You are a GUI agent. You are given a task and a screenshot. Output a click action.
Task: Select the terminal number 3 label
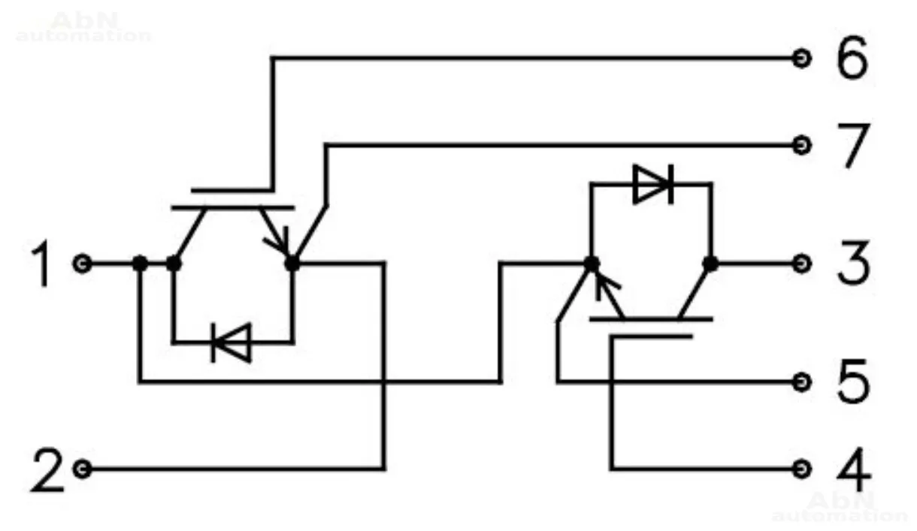tap(852, 264)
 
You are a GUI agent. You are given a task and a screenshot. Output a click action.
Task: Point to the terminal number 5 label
tap(852, 382)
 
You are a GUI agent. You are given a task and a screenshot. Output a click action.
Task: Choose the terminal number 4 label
tap(852, 469)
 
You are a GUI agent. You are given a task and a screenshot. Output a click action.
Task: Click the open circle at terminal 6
tap(802, 58)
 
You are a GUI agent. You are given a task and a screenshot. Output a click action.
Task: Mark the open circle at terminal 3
tap(802, 264)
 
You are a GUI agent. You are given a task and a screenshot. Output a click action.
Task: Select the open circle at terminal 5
tap(802, 382)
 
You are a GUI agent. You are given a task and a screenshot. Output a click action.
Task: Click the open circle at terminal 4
tap(802, 469)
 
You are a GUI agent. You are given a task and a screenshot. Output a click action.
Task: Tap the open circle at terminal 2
tap(83, 469)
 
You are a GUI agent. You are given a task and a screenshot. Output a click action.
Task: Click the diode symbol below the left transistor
tap(230, 343)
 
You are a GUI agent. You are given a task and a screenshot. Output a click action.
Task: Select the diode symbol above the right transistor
tap(652, 184)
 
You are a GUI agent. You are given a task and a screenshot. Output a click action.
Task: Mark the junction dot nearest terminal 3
tap(710, 264)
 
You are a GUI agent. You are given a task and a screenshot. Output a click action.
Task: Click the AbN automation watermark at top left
tap(83, 27)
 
